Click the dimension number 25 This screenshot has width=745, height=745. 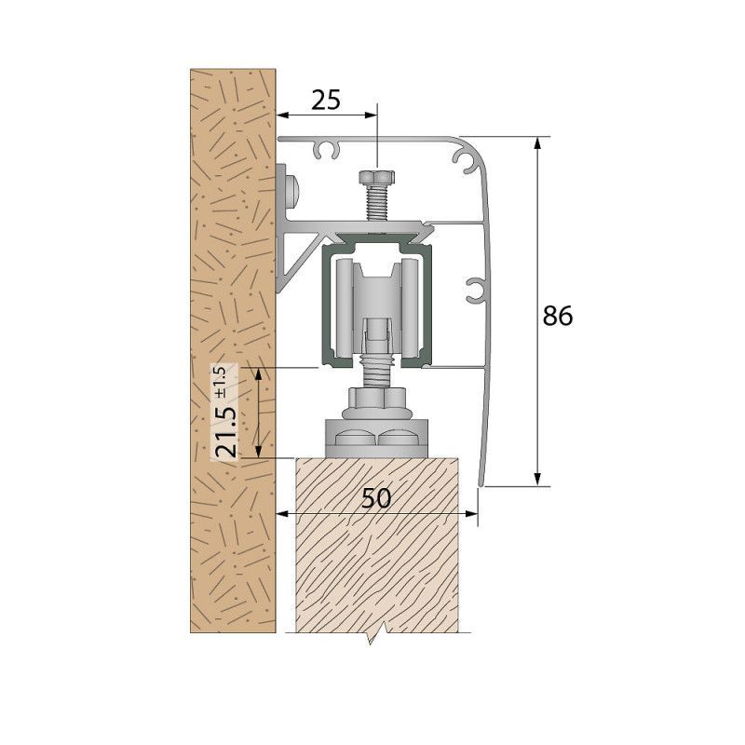pos(326,100)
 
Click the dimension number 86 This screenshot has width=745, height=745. pos(558,316)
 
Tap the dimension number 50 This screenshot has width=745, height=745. pos(376,498)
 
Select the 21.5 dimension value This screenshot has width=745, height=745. pos(225,431)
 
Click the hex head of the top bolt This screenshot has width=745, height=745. pos(377,178)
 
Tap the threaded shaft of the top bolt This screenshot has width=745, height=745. pos(377,202)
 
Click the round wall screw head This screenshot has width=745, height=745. pos(293,191)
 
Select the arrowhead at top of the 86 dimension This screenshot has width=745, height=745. pos(537,143)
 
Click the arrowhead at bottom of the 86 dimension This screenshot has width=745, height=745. pos(537,480)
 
